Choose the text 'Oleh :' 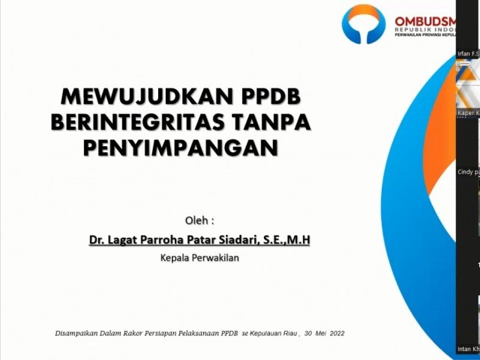[199, 220]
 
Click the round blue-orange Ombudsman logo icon [364, 24]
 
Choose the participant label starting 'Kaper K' [468, 112]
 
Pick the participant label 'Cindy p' [468, 172]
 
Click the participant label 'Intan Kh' [468, 349]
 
